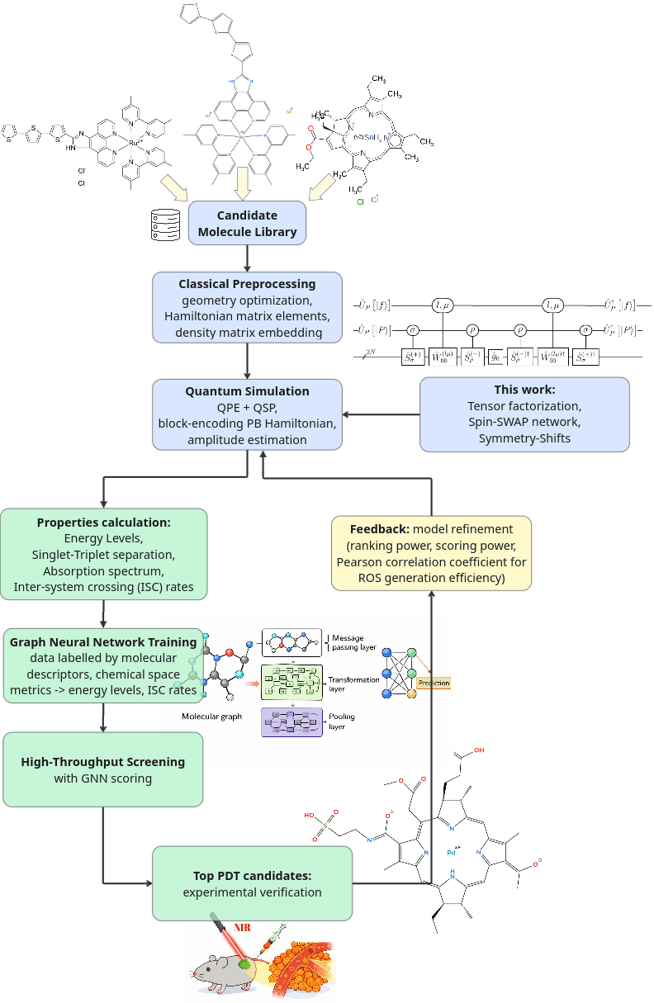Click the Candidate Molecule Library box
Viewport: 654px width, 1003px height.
coord(248,224)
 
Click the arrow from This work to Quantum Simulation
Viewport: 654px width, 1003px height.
coord(381,414)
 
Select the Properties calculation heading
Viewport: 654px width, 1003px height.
coord(104,523)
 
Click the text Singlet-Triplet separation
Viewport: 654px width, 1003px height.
coord(104,555)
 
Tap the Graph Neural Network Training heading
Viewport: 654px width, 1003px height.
coord(103,641)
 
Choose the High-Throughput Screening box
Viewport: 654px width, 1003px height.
coord(103,769)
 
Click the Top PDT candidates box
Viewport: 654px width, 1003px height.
coord(252,883)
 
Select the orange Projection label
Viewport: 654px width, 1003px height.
coord(434,684)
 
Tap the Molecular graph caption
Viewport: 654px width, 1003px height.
coord(212,717)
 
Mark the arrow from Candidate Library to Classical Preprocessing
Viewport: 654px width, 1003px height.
coord(248,258)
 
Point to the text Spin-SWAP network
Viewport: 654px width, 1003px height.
coord(524,422)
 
